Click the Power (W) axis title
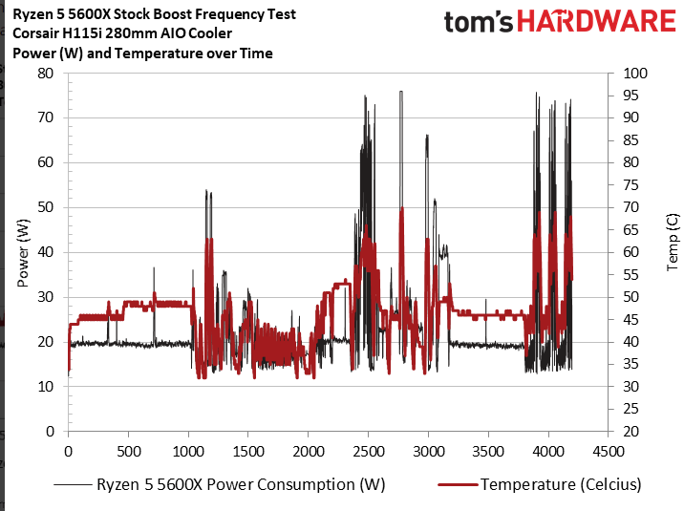pos(23,252)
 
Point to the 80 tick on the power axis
pos(45,74)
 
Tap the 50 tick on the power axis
pos(45,207)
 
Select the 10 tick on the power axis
pos(45,387)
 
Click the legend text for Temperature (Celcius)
pos(561,484)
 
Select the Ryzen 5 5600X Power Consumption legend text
pos(241,484)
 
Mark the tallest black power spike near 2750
pos(401,92)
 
